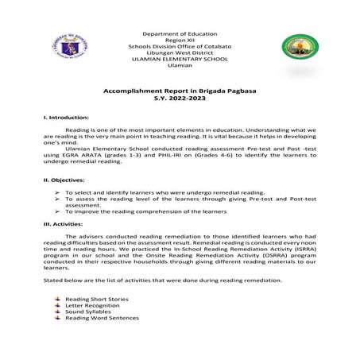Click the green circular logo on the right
coord(298,49)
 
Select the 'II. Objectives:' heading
coord(64,180)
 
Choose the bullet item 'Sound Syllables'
coord(88,312)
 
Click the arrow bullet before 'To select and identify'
coord(58,192)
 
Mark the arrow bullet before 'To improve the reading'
coord(58,212)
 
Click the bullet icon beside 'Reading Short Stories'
coord(57,299)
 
